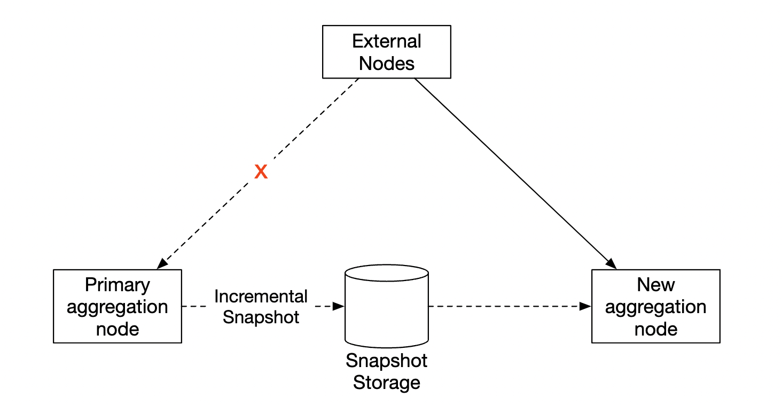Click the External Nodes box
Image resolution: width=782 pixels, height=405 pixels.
coord(386,52)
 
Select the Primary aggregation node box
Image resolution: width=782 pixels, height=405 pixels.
coord(117,306)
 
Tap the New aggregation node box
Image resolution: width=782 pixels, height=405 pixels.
coord(655,306)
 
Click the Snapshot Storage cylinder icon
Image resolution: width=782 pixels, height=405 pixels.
coord(386,306)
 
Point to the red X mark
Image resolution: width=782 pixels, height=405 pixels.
coord(261,172)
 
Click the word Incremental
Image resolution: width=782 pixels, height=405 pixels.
coord(261,296)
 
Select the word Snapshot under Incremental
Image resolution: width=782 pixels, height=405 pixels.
coord(261,317)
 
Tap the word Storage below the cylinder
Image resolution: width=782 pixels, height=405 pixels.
coord(386,383)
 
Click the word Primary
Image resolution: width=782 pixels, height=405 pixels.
coord(117,285)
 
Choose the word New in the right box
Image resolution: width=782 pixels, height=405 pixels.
coord(655,285)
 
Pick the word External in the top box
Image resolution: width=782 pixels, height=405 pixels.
coord(386,41)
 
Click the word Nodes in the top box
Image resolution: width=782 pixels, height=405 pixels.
coord(386,63)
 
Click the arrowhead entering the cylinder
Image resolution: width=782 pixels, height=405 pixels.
coord(339,307)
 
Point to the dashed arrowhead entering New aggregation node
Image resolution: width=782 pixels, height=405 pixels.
coord(586,307)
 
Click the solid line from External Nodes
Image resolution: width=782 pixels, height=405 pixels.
coord(513,171)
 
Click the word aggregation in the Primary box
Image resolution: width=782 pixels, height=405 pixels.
coord(117,307)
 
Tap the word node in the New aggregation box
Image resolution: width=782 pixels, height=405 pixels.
coord(655,329)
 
